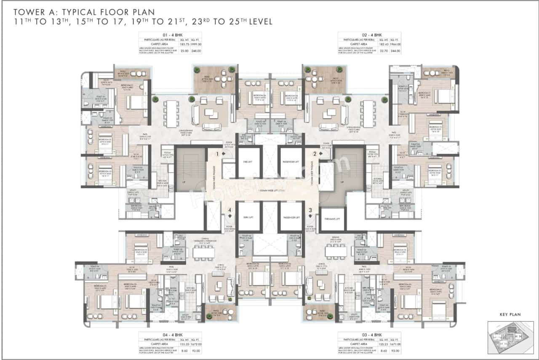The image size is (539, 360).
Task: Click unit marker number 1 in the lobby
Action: coord(218,154)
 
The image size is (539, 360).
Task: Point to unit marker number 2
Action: coord(314,154)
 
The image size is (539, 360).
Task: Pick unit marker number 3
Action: coord(310,210)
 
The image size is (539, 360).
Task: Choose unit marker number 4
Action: coord(229,210)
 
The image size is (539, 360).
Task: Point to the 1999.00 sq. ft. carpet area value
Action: coord(196,44)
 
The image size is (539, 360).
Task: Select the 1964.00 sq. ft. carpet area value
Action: coord(395,44)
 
